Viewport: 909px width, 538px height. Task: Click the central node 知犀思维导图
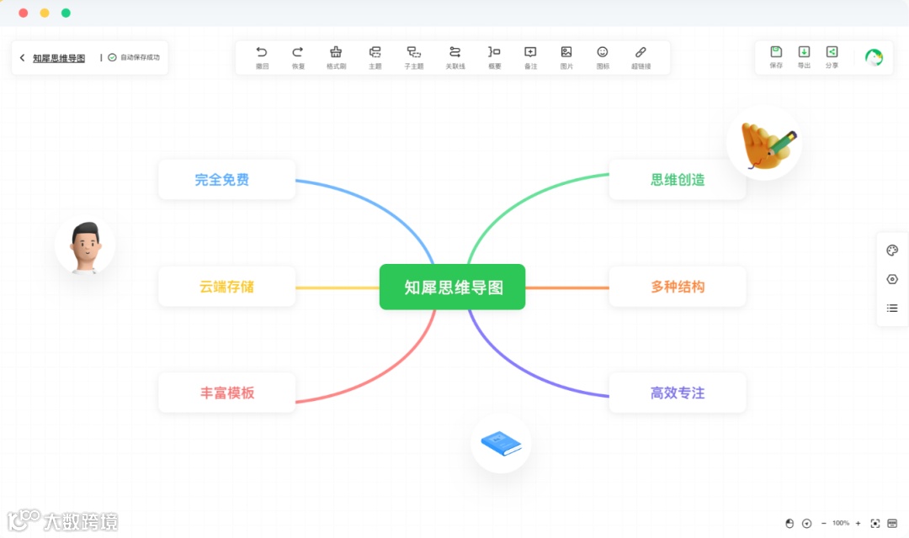coord(453,287)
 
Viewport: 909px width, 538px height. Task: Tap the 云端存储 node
coord(226,287)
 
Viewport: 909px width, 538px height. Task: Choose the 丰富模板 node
coord(226,393)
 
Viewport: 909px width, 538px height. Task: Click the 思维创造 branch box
coord(678,180)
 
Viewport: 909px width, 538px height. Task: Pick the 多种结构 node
coord(678,287)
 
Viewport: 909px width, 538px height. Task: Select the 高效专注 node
coord(678,393)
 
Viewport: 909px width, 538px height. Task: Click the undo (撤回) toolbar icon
coord(262,53)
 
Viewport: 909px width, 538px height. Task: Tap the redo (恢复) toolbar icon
coord(298,53)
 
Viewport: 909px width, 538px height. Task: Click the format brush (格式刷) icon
coord(336,53)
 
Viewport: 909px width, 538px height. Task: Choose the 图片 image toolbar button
coord(566,53)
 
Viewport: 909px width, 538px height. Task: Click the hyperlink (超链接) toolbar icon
coord(641,53)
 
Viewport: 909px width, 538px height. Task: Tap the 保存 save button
coord(776,53)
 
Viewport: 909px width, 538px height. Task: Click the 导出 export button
coord(804,53)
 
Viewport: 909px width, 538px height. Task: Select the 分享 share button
coord(832,53)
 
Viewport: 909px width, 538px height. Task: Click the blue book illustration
coord(501,442)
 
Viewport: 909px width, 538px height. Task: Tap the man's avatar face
coord(85,244)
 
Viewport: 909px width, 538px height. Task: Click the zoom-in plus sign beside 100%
coord(858,523)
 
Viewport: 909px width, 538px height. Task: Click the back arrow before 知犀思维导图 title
coord(22,58)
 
